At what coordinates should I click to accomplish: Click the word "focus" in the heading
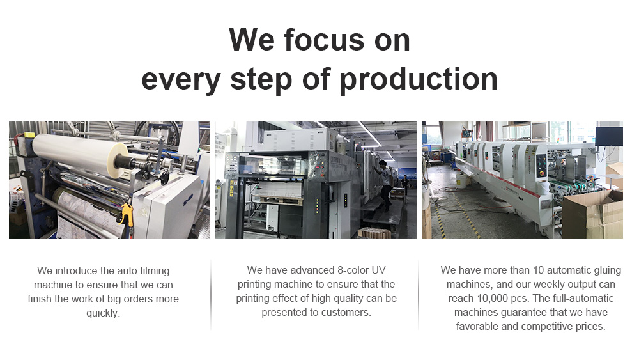pos(324,40)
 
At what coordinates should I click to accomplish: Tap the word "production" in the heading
pos(418,80)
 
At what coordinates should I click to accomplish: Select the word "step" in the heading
pos(261,80)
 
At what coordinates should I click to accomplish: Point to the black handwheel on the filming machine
pos(164,177)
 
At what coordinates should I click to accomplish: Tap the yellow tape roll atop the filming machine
pos(29,134)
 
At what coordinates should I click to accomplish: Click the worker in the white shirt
pos(385,184)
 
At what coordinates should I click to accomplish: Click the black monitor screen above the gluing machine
pos(609,137)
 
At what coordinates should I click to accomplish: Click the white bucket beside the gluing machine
pos(462,180)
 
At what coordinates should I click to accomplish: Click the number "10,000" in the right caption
pos(492,299)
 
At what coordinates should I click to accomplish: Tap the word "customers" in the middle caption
pos(347,313)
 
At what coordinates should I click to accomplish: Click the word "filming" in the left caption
pos(155,271)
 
